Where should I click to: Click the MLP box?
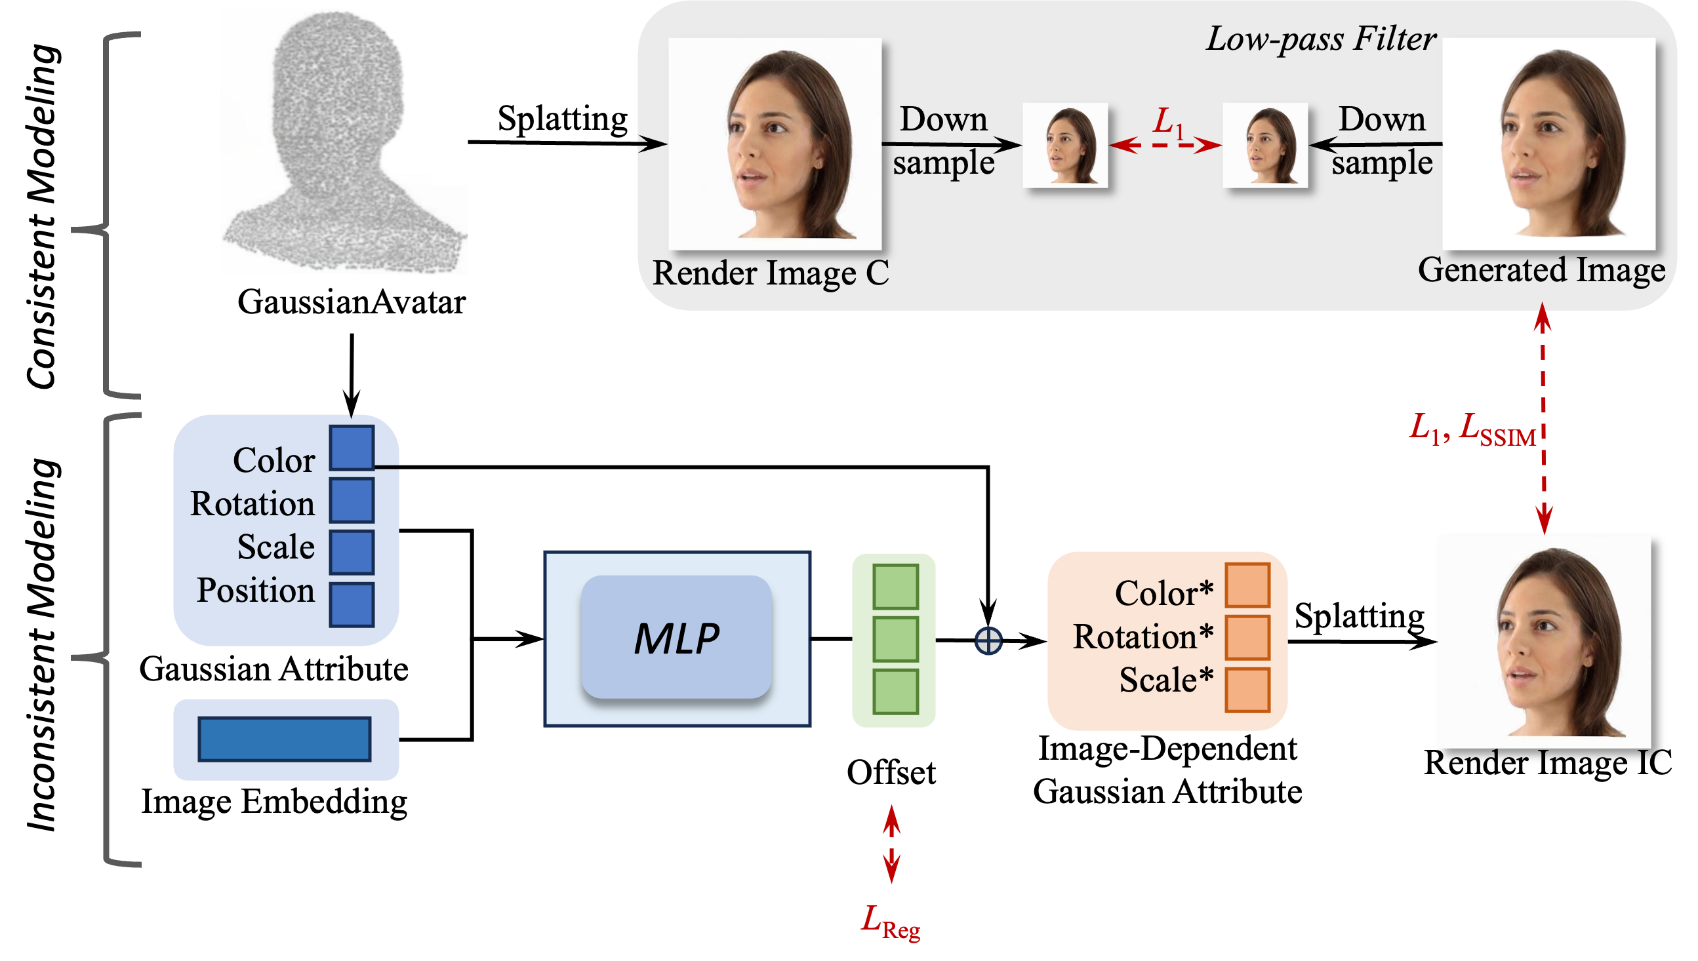(677, 638)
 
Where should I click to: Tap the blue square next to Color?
(352, 448)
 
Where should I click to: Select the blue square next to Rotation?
(352, 501)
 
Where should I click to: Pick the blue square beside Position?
(352, 604)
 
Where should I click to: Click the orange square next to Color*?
(1247, 585)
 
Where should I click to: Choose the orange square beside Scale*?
(1247, 690)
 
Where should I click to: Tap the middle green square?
(895, 639)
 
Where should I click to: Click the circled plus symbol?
(988, 641)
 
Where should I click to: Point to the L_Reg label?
(891, 921)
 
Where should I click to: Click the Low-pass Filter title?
(1321, 39)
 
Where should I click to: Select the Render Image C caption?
(771, 273)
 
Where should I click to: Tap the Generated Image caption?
(1541, 270)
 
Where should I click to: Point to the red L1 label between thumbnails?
(1168, 123)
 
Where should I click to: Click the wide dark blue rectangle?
(285, 739)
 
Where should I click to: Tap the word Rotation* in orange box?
(1142, 638)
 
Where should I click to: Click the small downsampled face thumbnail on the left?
(1065, 146)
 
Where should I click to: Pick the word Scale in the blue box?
(276, 547)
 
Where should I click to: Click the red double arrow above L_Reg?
(891, 844)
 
